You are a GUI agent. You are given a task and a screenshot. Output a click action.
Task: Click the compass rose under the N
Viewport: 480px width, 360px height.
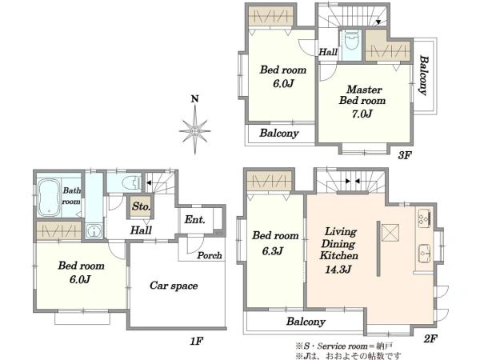click(x=194, y=130)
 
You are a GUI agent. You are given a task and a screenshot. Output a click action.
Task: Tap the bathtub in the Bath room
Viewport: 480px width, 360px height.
click(x=49, y=197)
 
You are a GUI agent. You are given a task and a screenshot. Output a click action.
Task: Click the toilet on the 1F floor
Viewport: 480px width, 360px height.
click(x=131, y=183)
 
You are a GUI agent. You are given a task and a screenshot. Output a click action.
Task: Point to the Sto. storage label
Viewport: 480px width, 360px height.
click(x=141, y=206)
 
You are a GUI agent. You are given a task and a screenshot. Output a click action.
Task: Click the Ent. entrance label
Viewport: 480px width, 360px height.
click(x=194, y=219)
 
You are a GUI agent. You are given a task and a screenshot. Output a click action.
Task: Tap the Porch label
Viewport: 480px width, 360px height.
click(x=210, y=255)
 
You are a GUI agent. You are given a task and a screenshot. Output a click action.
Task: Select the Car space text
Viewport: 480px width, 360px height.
click(x=174, y=286)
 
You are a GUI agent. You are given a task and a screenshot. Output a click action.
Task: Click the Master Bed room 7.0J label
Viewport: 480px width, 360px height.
click(x=362, y=102)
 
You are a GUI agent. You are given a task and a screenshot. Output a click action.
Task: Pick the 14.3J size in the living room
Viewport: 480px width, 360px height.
click(x=338, y=270)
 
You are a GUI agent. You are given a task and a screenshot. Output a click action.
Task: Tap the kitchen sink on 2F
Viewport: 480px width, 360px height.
click(x=425, y=253)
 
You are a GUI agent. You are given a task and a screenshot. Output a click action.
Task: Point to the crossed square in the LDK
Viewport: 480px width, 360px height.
click(x=390, y=233)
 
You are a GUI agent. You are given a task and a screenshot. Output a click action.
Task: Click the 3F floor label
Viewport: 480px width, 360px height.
click(x=404, y=155)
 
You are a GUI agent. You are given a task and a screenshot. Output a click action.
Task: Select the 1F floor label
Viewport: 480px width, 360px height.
click(x=196, y=341)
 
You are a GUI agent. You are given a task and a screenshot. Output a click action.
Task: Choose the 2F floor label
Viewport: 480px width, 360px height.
click(x=430, y=338)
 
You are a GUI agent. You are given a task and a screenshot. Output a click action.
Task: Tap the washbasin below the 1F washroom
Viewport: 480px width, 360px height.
click(x=94, y=230)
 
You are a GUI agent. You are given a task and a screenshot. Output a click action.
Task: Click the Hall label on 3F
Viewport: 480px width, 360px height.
click(x=328, y=52)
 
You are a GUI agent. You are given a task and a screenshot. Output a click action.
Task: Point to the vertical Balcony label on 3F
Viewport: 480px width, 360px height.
click(x=423, y=75)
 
